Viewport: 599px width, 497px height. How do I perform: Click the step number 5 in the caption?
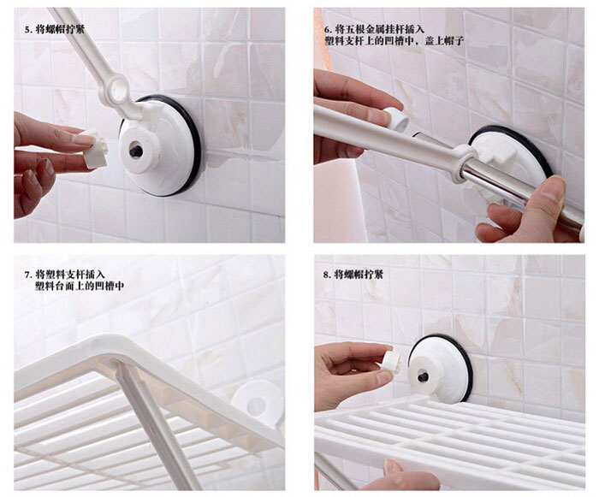(x=27, y=29)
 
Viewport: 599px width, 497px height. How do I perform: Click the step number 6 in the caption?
(x=326, y=29)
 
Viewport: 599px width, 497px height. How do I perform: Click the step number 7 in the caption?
(x=27, y=275)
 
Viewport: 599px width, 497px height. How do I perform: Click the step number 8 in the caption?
(x=326, y=275)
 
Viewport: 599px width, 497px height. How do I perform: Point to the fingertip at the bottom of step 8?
(x=394, y=467)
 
